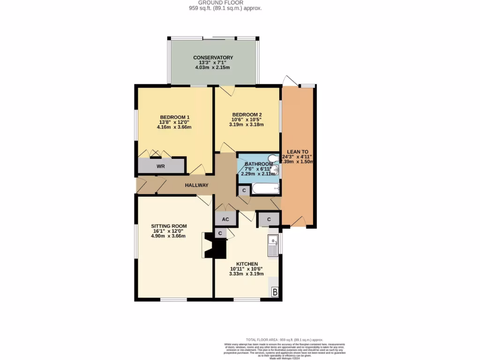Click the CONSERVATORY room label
coord(213,58)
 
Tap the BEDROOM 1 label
coord(174,117)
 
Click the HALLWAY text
coord(196,186)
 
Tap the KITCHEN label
coord(247,264)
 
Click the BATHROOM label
coord(258,164)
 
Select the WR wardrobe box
coord(161,166)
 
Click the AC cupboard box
coord(225,219)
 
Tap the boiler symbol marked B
coord(275,292)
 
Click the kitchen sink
coord(272,246)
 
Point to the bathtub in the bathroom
coord(265,189)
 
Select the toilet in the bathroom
coord(272,158)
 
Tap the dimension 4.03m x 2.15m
coord(213,67)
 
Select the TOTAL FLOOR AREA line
coord(284,339)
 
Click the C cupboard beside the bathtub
coord(244,190)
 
